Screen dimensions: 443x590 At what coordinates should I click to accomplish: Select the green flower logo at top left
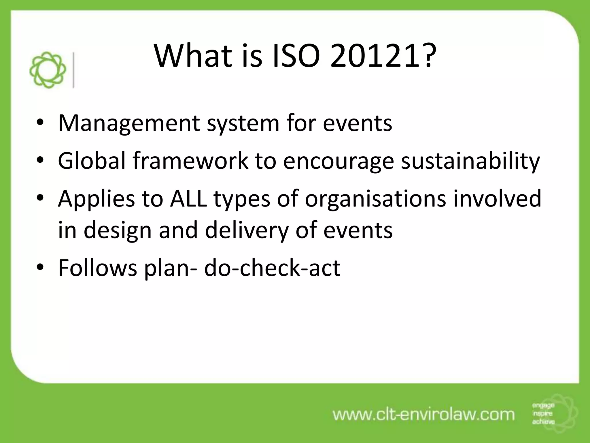click(48, 70)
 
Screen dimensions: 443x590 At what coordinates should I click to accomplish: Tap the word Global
click(92, 161)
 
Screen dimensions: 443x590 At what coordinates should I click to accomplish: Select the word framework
click(190, 161)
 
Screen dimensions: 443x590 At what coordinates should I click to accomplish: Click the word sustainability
click(470, 161)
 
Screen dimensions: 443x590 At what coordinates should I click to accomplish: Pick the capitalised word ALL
click(188, 199)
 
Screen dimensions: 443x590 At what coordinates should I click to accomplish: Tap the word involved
click(497, 199)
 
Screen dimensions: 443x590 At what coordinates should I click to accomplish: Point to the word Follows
click(97, 268)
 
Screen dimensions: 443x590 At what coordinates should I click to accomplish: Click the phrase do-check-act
click(272, 268)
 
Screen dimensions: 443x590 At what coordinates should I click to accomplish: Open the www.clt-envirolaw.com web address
click(423, 415)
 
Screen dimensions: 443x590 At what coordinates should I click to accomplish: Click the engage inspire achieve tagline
click(543, 414)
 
